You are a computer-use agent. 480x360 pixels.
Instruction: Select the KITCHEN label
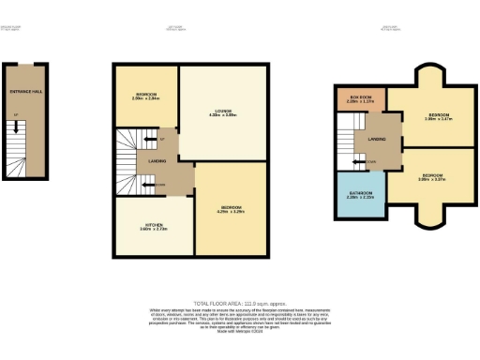click(x=153, y=226)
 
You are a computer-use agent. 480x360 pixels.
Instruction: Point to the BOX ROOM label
click(x=360, y=98)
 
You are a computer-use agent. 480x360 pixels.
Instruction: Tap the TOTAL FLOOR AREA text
click(x=240, y=304)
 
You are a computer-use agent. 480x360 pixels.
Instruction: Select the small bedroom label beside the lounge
click(x=144, y=97)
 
